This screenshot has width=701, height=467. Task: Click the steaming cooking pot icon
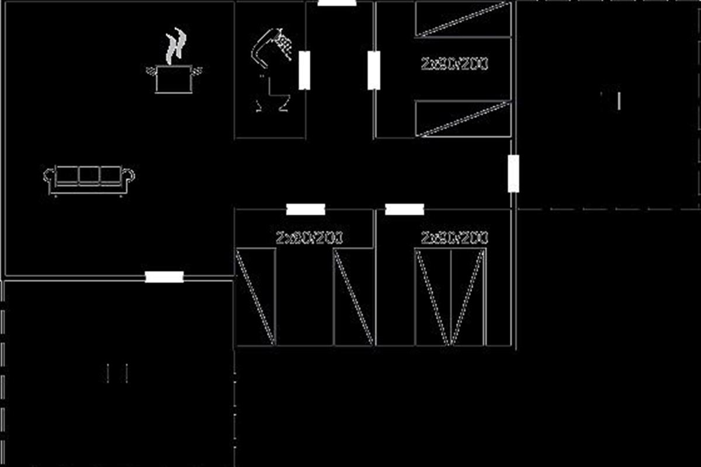pos(173,78)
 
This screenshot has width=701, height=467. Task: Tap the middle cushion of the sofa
pos(89,175)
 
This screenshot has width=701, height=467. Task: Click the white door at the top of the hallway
pos(337,3)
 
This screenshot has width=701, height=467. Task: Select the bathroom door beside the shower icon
pos(304,70)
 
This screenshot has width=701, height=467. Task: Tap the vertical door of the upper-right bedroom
pos(374,70)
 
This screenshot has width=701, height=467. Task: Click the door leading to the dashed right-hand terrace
pos(513,173)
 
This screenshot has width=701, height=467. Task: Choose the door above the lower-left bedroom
pos(306,210)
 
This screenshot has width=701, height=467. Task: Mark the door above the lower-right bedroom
pos(404,210)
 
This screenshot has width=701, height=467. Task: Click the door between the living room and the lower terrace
pos(164,277)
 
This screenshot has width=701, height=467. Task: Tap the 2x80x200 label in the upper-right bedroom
pos(454,64)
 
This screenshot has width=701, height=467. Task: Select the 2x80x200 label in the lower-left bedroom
pos(309,238)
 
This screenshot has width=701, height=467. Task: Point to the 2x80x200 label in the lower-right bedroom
pos(454,238)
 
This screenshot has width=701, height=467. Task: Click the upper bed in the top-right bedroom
pos(463,19)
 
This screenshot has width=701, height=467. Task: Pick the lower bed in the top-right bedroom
pos(463,119)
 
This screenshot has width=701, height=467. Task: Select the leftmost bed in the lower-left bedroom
pos(256,296)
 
